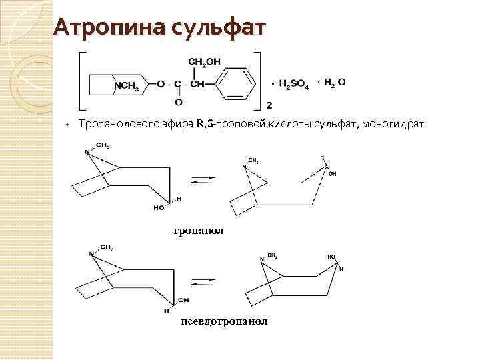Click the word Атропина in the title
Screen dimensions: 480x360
[109, 27]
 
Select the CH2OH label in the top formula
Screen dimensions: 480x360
[205, 62]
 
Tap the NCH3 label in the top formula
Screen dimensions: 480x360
[126, 85]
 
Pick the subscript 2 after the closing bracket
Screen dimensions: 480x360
[269, 105]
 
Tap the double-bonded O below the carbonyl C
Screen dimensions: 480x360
[177, 103]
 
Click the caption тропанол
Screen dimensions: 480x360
[198, 231]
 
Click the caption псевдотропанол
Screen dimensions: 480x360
[224, 321]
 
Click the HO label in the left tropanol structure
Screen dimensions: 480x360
[159, 207]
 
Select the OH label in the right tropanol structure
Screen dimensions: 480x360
[332, 173]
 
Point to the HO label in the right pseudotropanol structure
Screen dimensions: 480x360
[331, 256]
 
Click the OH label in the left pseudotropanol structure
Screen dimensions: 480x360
[183, 301]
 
